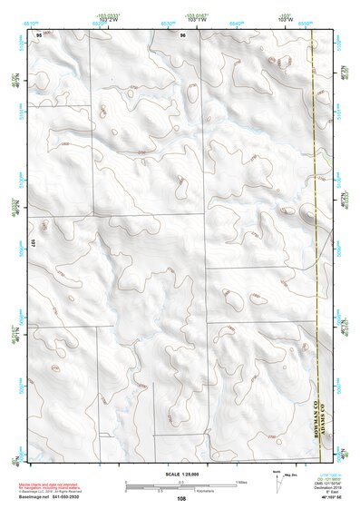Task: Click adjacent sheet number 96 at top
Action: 182,35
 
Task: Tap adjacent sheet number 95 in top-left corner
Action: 38,34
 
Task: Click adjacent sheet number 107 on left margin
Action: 33,244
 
